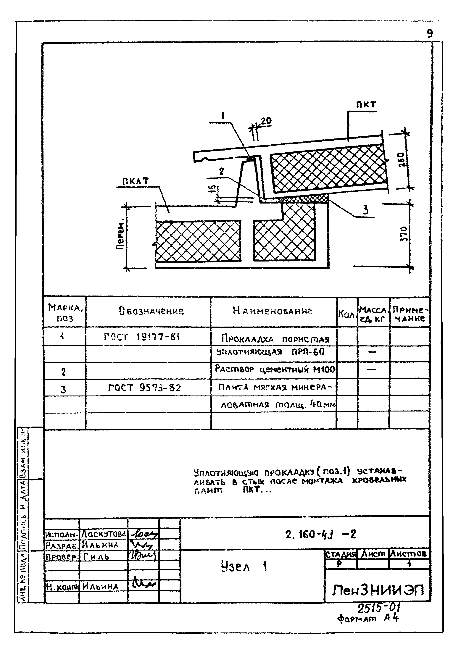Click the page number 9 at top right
430,34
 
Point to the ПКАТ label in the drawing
136,181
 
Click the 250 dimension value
401,160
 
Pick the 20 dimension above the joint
266,121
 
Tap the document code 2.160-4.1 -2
320,535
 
